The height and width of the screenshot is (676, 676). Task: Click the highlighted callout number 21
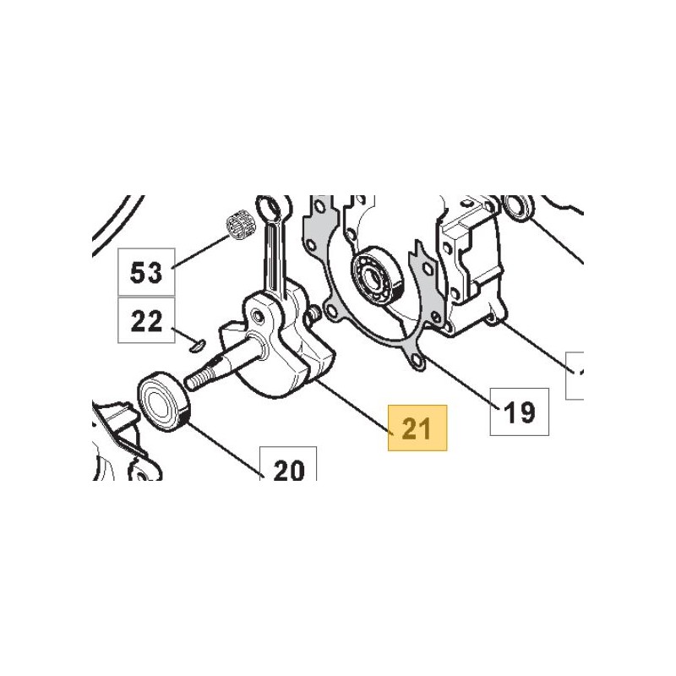pyautogui.click(x=417, y=428)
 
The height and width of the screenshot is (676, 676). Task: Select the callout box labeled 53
pyautogui.click(x=146, y=272)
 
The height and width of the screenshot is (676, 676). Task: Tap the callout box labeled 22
pyautogui.click(x=146, y=320)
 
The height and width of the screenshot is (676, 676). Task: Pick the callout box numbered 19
pyautogui.click(x=520, y=412)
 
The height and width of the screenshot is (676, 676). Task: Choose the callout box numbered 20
pyautogui.click(x=288, y=464)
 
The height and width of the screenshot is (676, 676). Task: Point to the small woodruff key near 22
pyautogui.click(x=198, y=346)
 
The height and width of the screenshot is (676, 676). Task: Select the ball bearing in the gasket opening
pyautogui.click(x=377, y=275)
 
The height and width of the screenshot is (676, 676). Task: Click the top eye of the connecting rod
pyautogui.click(x=270, y=209)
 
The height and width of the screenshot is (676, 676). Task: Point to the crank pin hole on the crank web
pyautogui.click(x=259, y=318)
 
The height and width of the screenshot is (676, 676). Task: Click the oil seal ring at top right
pyautogui.click(x=519, y=208)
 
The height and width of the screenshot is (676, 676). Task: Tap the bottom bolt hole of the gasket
pyautogui.click(x=416, y=360)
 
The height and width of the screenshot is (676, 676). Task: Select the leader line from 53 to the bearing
pyautogui.click(x=201, y=252)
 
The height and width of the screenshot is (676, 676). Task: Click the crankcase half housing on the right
pyautogui.click(x=470, y=267)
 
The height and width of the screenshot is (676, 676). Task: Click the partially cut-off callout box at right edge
pyautogui.click(x=575, y=375)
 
